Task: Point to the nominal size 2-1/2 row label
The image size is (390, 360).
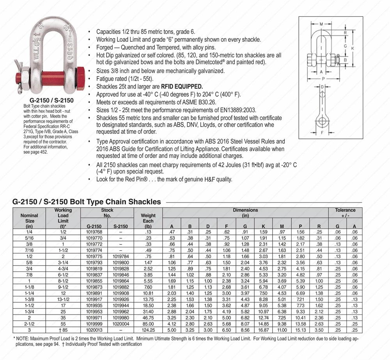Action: (29, 324)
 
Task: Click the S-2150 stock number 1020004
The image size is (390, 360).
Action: (121, 324)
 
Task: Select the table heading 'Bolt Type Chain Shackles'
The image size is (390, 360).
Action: (115, 202)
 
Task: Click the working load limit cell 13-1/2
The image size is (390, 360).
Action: (63, 300)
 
